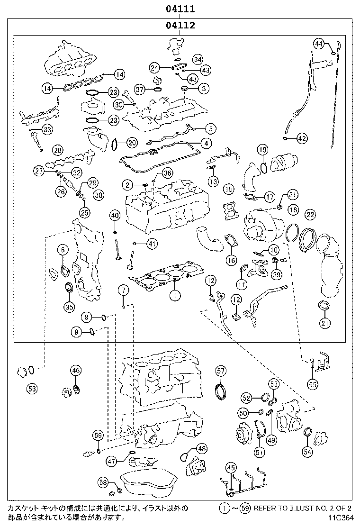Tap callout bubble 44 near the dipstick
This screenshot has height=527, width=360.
point(320,44)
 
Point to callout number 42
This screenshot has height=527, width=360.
point(302,138)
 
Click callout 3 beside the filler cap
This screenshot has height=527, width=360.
point(203,88)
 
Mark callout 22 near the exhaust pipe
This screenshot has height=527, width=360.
point(310,214)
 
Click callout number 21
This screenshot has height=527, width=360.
point(324,323)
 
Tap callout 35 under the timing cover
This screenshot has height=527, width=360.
point(70,307)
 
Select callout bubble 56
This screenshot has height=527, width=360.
point(31,389)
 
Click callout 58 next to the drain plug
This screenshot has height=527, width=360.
point(103,482)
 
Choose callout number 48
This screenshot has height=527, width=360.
point(202,448)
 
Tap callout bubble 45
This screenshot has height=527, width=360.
point(231,468)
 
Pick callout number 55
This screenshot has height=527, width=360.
point(311,384)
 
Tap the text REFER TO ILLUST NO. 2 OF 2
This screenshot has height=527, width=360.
point(302,509)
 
